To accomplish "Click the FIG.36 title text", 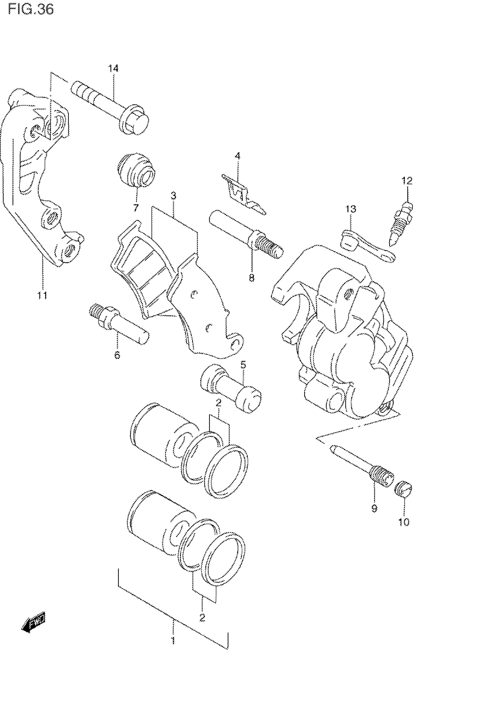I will (31, 9).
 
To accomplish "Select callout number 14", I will (113, 68).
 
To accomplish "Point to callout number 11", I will (42, 295).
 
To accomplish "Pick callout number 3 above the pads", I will (173, 196).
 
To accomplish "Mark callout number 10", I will (404, 522).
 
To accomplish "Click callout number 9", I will (374, 508).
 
